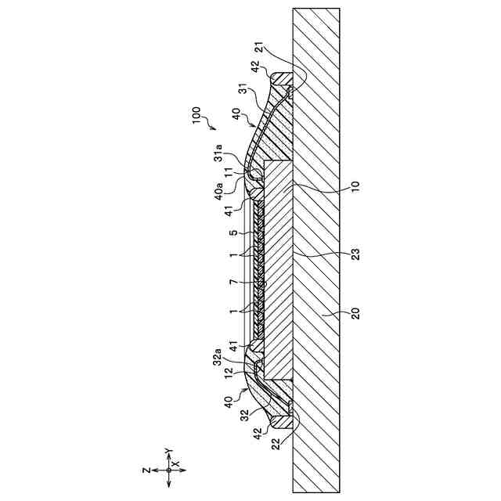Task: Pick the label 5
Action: point(232,232)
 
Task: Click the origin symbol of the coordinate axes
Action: point(168,470)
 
